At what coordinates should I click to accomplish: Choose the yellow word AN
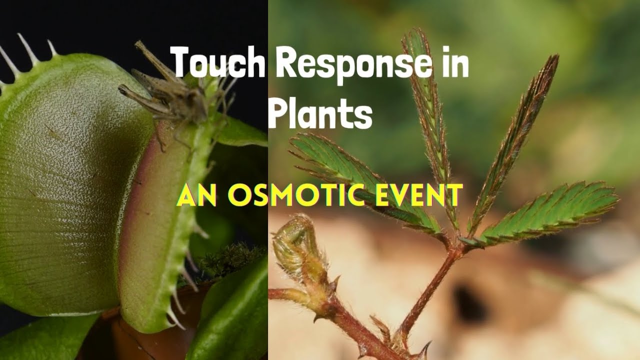click(x=196, y=195)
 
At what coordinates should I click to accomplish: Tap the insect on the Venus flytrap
click(x=170, y=95)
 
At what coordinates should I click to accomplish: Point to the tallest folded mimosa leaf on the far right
click(x=515, y=135)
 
